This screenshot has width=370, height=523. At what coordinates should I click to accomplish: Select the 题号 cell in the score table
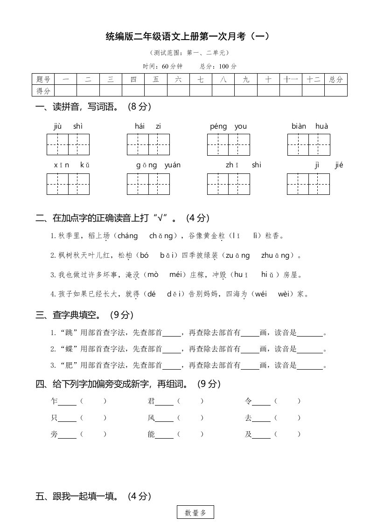43,79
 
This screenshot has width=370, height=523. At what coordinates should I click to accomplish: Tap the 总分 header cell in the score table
335,79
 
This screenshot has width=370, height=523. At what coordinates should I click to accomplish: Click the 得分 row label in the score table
43,90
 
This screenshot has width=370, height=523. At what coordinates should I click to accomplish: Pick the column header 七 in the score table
201,79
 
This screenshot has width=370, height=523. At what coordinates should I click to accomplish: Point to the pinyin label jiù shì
68,126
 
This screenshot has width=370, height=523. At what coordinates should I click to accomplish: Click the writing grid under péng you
229,144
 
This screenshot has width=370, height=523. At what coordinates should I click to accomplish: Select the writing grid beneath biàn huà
309,144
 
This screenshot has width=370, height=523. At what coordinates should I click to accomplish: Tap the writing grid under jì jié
309,184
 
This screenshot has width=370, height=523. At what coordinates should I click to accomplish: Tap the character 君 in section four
151,401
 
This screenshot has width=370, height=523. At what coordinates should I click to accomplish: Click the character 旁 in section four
54,434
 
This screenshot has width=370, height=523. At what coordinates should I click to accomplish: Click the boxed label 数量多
195,513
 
